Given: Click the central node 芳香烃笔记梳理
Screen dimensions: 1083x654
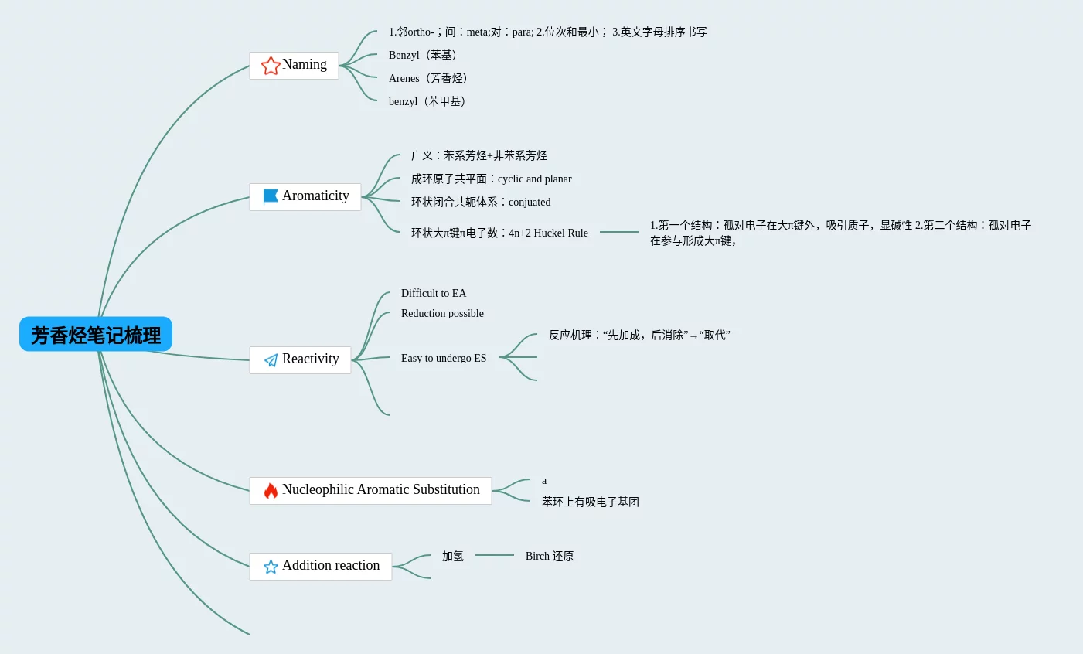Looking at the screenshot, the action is point(96,335).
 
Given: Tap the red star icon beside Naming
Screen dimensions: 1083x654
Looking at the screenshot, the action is point(271,66).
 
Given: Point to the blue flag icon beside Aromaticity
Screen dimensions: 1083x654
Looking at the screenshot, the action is point(271,196).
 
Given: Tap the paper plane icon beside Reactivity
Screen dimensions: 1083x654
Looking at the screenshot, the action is point(271,360).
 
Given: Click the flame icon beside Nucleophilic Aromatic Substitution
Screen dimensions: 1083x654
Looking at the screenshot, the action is point(271,491).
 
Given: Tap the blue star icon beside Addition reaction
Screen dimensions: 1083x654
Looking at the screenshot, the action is point(271,567).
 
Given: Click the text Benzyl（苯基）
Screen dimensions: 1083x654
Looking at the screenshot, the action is point(423,55).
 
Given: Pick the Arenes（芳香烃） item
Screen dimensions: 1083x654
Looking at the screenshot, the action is point(428,78).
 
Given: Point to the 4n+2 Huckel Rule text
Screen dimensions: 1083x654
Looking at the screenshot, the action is point(548,233).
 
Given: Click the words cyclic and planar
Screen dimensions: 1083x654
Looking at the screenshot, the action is point(534,179).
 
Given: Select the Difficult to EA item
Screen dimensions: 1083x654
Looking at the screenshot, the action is point(434,293).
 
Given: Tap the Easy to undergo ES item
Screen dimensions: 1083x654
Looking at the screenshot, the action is point(444,358).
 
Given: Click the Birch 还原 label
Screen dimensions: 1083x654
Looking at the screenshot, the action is point(550,556).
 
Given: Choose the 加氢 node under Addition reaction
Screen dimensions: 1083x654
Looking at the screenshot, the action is point(453,556).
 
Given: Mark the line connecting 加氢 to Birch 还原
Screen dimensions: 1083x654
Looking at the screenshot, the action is point(495,555).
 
